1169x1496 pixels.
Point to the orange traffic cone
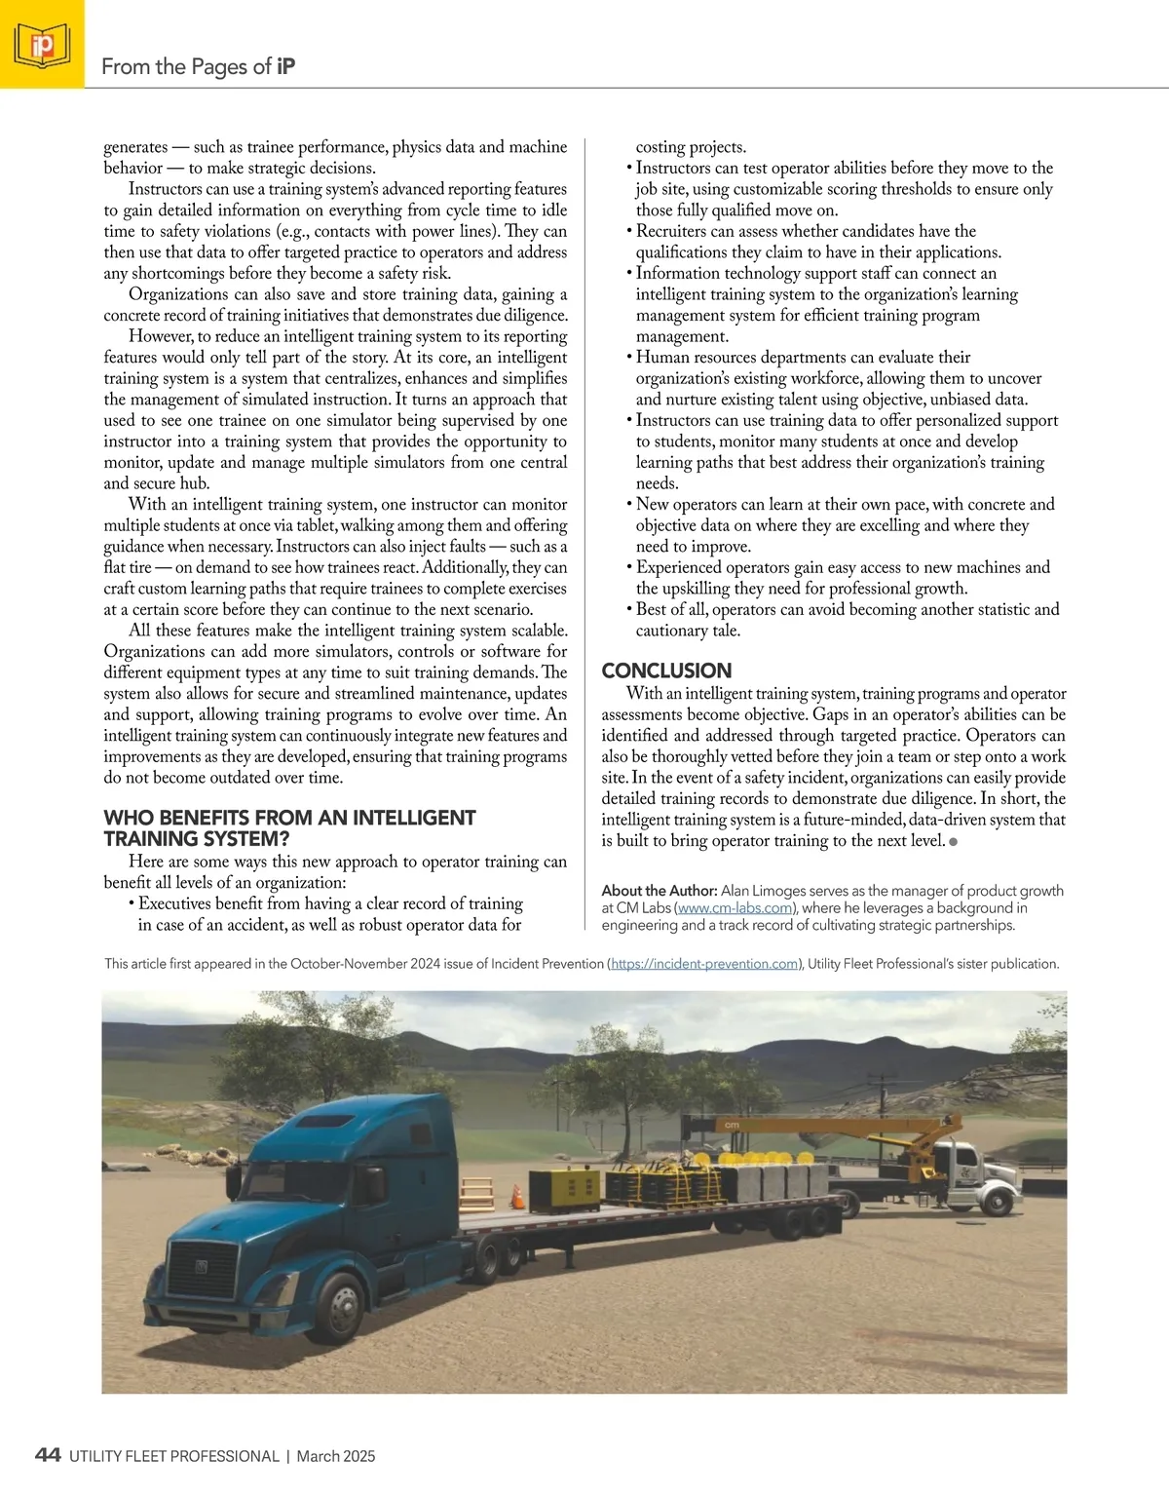(x=518, y=1195)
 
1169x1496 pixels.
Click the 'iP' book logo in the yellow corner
(x=42, y=45)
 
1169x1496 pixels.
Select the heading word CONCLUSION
(x=666, y=671)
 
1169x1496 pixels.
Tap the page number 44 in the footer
(x=48, y=1455)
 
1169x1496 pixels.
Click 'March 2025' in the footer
(x=336, y=1456)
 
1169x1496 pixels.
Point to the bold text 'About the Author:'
(x=660, y=891)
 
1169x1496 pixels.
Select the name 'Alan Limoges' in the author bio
(x=766, y=891)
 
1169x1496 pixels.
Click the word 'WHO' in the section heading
(x=127, y=818)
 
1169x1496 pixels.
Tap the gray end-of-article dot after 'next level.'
(x=953, y=841)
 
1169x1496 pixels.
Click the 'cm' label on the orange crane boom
(x=732, y=1124)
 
